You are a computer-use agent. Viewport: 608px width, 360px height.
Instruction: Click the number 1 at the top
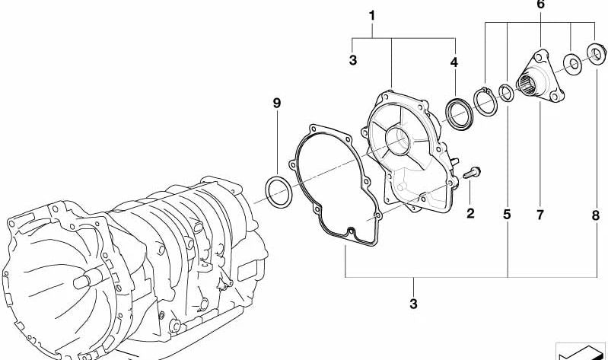(372, 15)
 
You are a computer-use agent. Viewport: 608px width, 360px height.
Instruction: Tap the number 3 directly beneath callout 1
(352, 60)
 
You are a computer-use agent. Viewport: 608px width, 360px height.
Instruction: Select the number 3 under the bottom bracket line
(414, 305)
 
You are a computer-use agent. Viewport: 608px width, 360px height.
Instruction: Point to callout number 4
(454, 61)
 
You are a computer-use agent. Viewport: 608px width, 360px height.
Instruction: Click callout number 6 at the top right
(540, 5)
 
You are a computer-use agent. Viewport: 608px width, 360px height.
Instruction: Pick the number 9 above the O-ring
(277, 102)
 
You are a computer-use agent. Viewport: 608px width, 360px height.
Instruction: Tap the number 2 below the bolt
(470, 214)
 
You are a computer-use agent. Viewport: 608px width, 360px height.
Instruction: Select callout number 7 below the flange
(540, 215)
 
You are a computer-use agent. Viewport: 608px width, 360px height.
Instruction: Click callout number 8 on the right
(596, 215)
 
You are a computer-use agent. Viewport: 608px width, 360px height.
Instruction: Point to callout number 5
(507, 215)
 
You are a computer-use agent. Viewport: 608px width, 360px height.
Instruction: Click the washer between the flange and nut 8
(571, 63)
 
